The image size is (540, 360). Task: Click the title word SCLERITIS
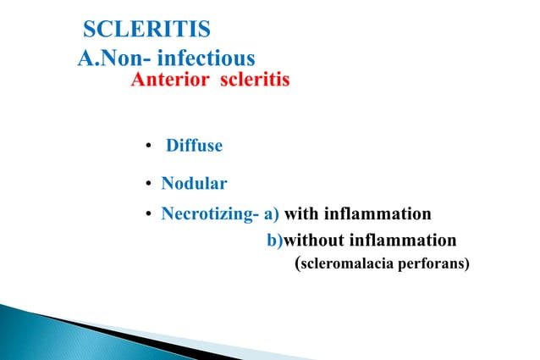pyautogui.click(x=146, y=31)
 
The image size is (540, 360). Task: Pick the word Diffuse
pyautogui.click(x=194, y=146)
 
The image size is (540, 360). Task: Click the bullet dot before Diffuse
pyautogui.click(x=149, y=147)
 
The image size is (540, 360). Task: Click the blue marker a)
pyautogui.click(x=272, y=213)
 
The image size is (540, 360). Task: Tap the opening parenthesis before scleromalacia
pyautogui.click(x=296, y=263)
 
